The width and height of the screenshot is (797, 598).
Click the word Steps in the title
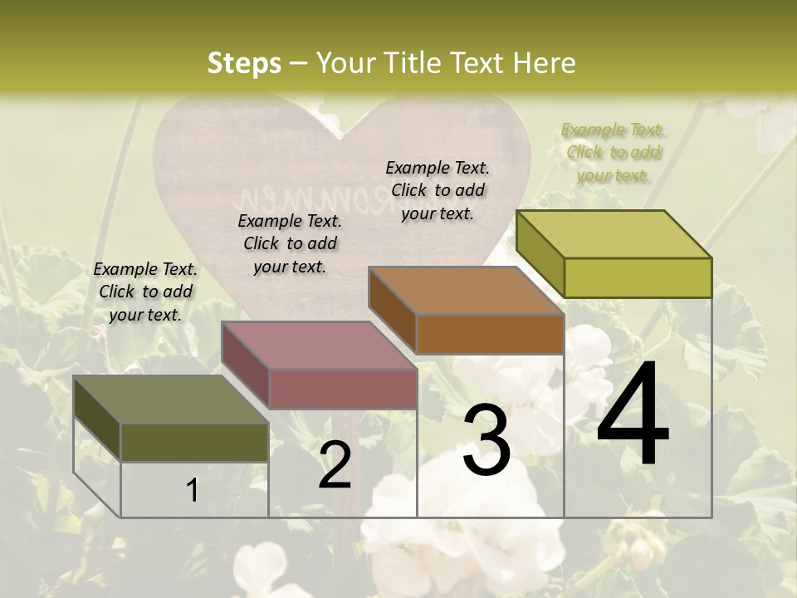(x=244, y=63)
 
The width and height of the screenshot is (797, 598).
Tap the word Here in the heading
(x=541, y=63)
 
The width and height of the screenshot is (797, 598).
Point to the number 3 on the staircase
(x=487, y=440)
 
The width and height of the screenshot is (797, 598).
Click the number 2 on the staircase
(x=335, y=465)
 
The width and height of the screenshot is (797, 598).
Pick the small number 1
(x=193, y=491)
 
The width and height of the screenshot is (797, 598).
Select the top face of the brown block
(x=466, y=290)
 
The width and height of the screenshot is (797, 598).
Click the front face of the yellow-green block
(x=638, y=277)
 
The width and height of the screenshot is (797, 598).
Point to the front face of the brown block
(x=490, y=334)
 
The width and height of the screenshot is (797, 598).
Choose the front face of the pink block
(x=342, y=389)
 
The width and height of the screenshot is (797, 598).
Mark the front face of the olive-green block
(x=194, y=442)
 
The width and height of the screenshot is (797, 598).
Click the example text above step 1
(x=145, y=292)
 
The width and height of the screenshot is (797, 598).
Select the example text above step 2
(x=290, y=243)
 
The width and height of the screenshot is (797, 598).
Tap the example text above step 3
(x=438, y=190)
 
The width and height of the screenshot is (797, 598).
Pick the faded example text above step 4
(x=613, y=152)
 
